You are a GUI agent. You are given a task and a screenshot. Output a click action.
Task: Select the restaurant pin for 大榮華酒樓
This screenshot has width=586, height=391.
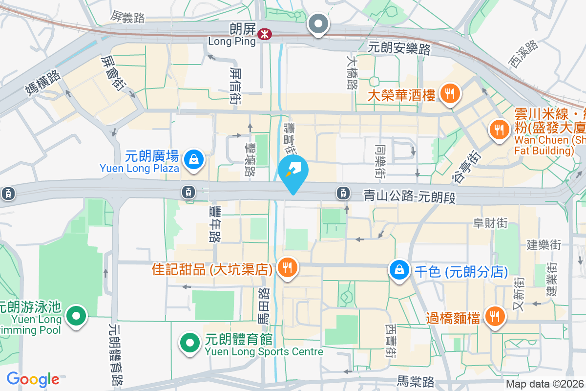point(448,93)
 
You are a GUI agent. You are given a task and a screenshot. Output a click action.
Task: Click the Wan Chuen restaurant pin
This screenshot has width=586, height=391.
point(498,130)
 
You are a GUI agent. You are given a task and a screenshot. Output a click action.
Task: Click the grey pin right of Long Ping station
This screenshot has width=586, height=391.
point(318,23)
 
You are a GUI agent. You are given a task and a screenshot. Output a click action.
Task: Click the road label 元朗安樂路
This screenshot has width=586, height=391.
point(399,49)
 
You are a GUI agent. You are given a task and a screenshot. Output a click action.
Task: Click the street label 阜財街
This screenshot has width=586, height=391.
point(490,223)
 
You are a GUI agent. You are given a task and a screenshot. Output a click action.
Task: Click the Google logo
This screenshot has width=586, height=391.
point(33,379)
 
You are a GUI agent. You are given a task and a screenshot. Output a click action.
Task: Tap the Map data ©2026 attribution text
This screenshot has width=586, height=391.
point(544,384)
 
